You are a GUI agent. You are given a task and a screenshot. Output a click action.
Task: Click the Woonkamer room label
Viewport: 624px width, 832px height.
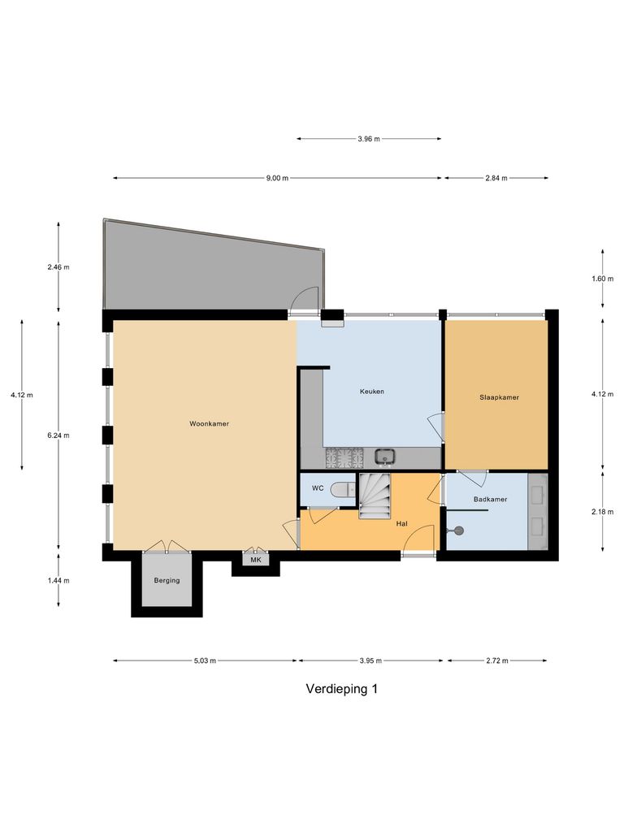pyautogui.click(x=209, y=423)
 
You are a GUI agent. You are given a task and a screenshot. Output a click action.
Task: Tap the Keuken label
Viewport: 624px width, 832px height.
pyautogui.click(x=372, y=392)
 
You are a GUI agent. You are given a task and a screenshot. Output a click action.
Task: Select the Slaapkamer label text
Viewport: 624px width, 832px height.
pyautogui.click(x=499, y=397)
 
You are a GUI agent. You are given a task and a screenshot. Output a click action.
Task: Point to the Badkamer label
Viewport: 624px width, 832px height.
pyautogui.click(x=490, y=499)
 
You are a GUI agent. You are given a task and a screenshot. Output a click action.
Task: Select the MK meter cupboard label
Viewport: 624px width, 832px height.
pyautogui.click(x=256, y=560)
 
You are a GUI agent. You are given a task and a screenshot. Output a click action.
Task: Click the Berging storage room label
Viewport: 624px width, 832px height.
pyautogui.click(x=167, y=581)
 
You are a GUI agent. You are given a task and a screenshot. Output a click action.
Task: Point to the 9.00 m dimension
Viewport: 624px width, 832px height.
pyautogui.click(x=277, y=178)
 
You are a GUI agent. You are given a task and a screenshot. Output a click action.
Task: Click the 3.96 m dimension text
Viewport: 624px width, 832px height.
pyautogui.click(x=369, y=139)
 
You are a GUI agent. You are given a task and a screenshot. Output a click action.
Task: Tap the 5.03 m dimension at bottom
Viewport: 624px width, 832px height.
pyautogui.click(x=206, y=661)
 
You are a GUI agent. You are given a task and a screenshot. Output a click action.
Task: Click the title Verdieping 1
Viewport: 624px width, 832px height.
pyautogui.click(x=341, y=689)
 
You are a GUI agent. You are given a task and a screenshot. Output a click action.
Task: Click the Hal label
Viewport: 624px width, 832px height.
pyautogui.click(x=401, y=524)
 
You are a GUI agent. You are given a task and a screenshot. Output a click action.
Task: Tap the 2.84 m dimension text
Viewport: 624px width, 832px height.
pyautogui.click(x=496, y=178)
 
